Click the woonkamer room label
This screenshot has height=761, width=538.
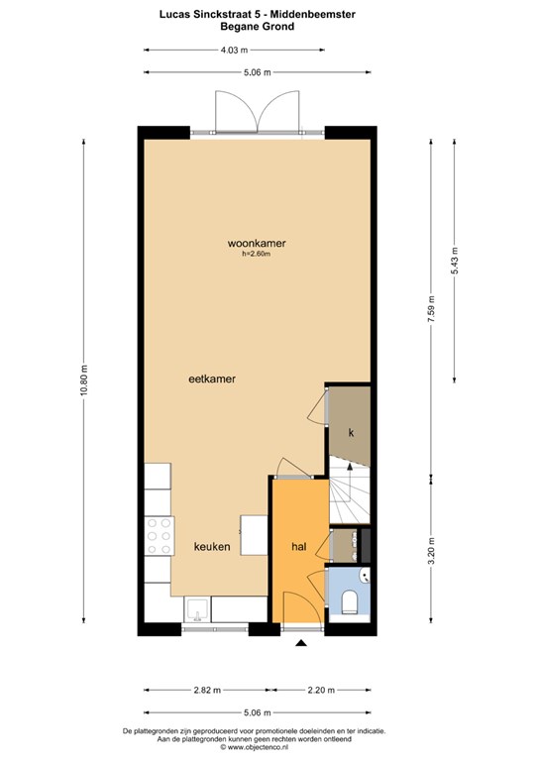point(257,243)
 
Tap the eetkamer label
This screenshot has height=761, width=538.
point(212,380)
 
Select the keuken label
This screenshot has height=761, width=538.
point(212,547)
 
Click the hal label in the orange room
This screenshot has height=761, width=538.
point(299,547)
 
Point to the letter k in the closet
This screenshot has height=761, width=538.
point(351,433)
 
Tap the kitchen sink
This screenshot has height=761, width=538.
point(197,609)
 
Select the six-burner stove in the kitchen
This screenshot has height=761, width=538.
point(160,536)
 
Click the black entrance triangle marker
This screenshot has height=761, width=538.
point(302,643)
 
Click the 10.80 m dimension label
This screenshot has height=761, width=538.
point(83,380)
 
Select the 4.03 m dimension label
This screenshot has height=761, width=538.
point(234,50)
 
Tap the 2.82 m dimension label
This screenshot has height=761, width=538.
point(207,690)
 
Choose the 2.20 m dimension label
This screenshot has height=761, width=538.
point(321,690)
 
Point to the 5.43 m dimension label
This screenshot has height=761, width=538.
point(455,261)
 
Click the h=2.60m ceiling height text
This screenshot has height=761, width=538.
point(257,254)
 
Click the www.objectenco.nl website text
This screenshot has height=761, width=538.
point(258,746)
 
